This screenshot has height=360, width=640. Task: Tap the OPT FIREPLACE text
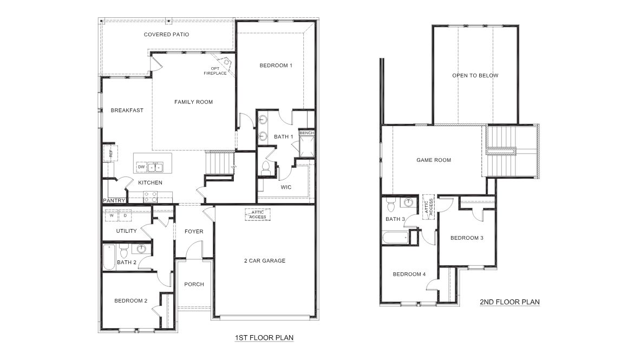coord(211,70)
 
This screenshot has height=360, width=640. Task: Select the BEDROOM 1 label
coord(276,66)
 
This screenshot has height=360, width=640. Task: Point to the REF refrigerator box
coord(110,153)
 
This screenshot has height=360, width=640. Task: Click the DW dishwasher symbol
coord(141,167)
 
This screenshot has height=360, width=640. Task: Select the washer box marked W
coord(112,215)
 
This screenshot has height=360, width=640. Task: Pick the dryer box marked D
coord(125,215)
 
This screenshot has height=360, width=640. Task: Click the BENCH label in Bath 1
coord(306,133)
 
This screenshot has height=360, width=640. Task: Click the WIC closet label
coord(286,187)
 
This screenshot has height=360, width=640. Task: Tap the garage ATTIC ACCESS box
coord(257,215)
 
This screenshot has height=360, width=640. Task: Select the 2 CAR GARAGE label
coord(264,261)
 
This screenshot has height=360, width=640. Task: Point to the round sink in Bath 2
coord(141,250)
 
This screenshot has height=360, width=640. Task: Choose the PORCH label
coord(194,284)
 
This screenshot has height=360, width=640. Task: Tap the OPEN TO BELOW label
coord(475,76)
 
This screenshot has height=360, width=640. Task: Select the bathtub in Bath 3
coord(395,238)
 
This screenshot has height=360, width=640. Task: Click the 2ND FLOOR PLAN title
coord(510,302)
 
